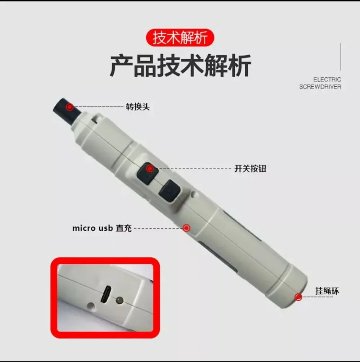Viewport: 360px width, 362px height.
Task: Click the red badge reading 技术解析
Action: click(x=180, y=38)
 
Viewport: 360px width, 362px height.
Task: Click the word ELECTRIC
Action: click(x=327, y=79)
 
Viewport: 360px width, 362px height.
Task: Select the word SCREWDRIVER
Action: click(x=320, y=87)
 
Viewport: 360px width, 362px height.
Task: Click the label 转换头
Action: click(x=138, y=107)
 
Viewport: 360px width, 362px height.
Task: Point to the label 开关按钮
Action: click(x=250, y=168)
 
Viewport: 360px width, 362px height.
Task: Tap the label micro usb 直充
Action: click(x=102, y=228)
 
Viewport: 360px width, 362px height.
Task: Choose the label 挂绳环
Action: click(x=327, y=291)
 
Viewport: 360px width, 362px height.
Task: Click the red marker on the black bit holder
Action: click(x=70, y=107)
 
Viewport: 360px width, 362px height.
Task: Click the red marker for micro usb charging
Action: click(x=186, y=227)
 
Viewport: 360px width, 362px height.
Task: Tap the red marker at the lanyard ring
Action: click(x=298, y=297)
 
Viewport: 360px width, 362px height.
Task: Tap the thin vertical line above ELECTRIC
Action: click(x=341, y=57)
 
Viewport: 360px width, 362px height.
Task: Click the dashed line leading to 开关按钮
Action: click(x=194, y=168)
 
